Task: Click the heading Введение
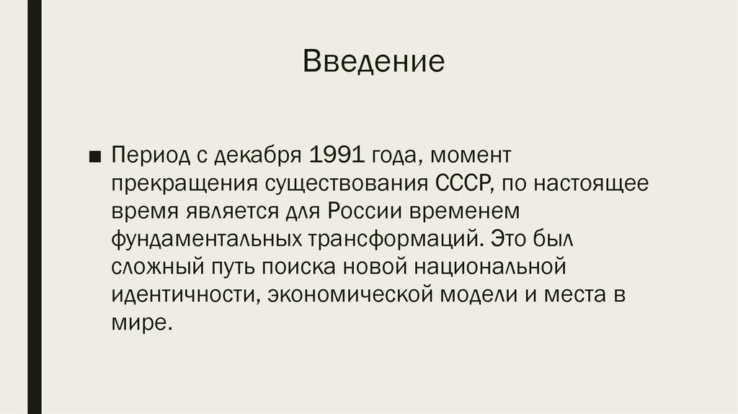pyautogui.click(x=373, y=62)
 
